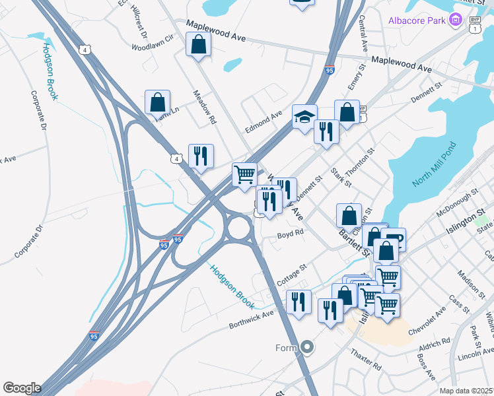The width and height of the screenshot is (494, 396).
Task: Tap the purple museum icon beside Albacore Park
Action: click(x=455, y=20)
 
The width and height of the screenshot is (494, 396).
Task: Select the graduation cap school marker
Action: click(x=304, y=117)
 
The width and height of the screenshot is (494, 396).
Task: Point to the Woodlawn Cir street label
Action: click(x=152, y=47)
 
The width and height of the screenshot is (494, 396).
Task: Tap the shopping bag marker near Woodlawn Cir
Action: click(x=198, y=46)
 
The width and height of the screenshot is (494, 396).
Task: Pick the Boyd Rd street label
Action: click(x=290, y=233)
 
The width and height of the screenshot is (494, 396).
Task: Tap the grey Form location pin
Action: click(x=306, y=346)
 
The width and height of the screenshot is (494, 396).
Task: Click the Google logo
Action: click(x=21, y=388)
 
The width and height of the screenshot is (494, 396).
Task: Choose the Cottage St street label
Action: click(x=292, y=275)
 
